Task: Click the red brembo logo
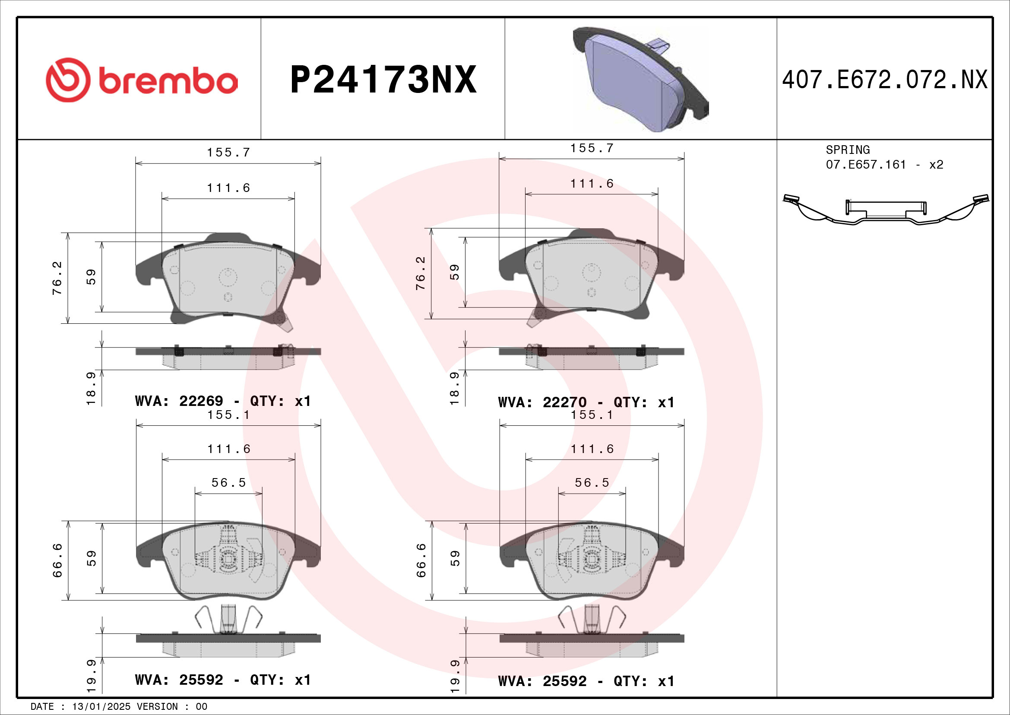click(x=142, y=80)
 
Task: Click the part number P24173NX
click(x=383, y=80)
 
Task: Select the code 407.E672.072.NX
click(x=885, y=80)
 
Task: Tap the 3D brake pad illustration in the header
click(x=640, y=79)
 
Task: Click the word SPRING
click(x=848, y=150)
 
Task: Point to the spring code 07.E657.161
click(x=866, y=165)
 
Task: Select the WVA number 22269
click(x=201, y=401)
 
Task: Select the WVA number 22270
click(x=564, y=402)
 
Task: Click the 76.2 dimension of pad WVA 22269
click(x=57, y=278)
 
